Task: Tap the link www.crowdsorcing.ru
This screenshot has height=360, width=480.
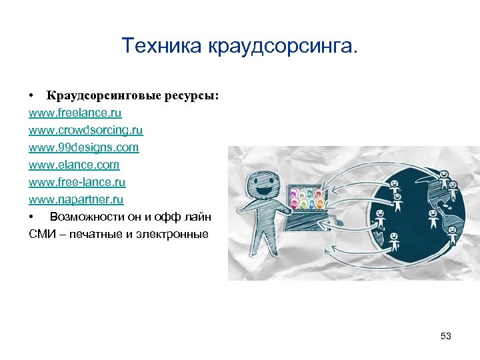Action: (85, 130)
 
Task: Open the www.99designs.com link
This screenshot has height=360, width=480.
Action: (83, 147)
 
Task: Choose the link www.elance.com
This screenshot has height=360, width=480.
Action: (74, 165)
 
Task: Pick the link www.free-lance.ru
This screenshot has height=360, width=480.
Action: (77, 182)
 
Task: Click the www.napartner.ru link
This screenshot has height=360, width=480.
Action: (76, 199)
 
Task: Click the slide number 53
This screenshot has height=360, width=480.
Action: (446, 336)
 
